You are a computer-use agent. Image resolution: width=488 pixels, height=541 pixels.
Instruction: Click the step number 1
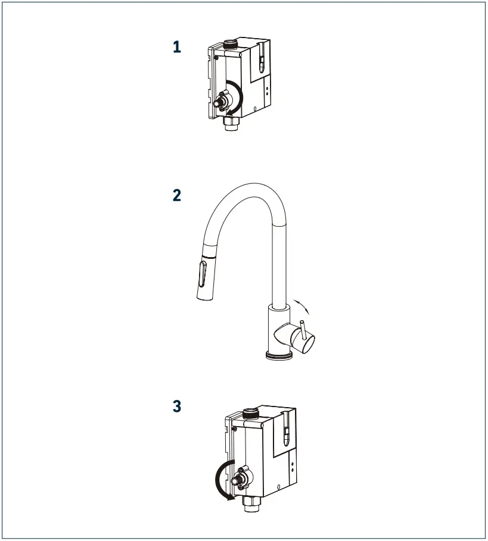tap(176, 47)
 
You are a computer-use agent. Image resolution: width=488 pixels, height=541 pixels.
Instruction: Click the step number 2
tap(176, 195)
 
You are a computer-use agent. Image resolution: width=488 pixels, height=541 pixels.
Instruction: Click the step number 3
tap(177, 406)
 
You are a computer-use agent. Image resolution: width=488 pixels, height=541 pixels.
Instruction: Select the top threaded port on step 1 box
tap(230, 43)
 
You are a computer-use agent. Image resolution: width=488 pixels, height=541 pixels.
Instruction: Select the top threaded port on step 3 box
tap(253, 412)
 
